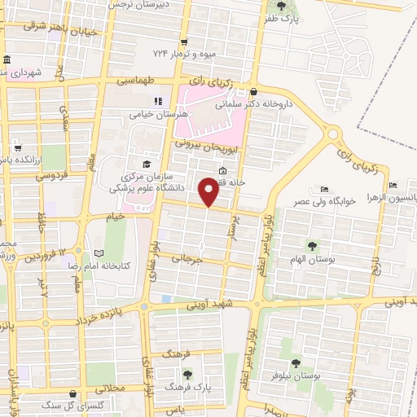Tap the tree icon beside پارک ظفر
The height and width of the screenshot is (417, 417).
(282, 6)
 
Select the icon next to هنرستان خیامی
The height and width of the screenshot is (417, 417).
(158, 102)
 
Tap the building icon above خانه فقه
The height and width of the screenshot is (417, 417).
(223, 170)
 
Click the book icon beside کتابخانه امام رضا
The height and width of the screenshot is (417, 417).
(99, 254)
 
